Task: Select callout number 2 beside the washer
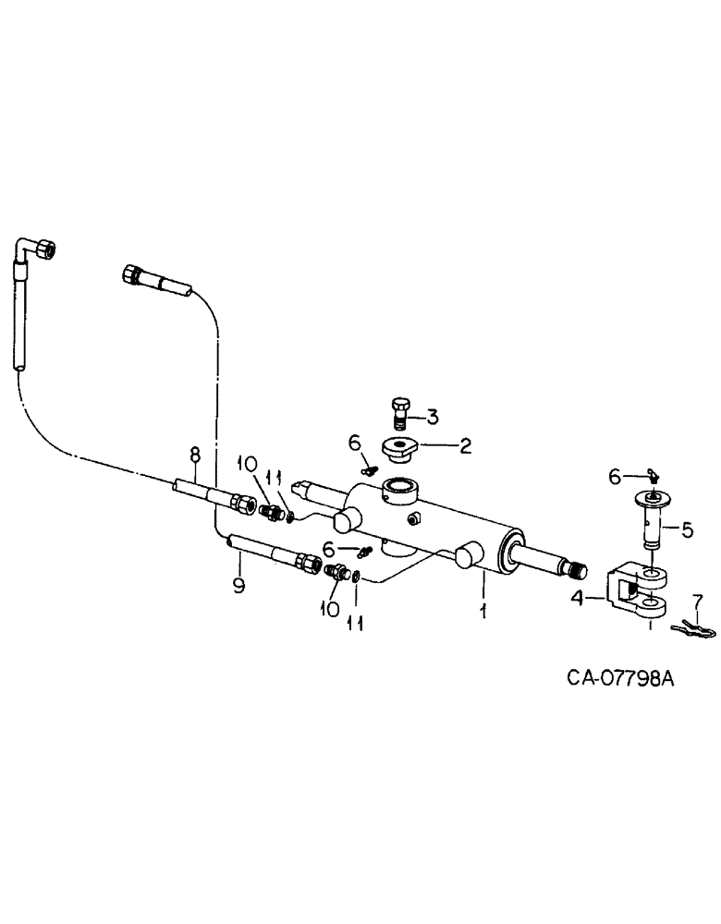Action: pyautogui.click(x=465, y=446)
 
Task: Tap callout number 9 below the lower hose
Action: pyautogui.click(x=238, y=586)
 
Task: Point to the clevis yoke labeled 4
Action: pyautogui.click(x=635, y=592)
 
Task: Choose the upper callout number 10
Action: pyautogui.click(x=246, y=462)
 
